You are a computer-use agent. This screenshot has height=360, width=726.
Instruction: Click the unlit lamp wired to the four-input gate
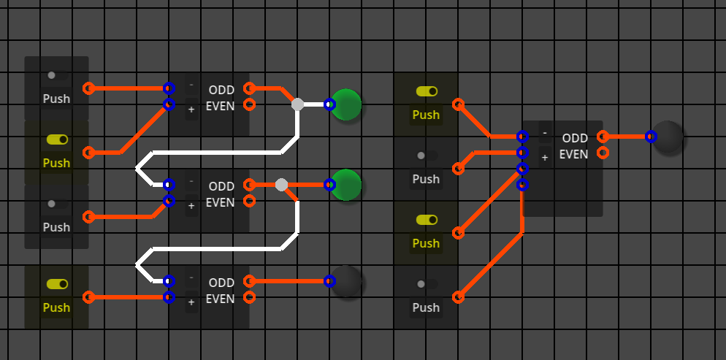coord(668,137)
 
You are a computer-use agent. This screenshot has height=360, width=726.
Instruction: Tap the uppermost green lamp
coord(346,104)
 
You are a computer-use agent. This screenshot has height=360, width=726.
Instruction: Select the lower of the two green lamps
coord(346,185)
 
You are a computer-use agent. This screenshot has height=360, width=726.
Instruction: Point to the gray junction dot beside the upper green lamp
coord(297,104)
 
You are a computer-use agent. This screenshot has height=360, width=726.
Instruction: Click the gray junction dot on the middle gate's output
coord(281,185)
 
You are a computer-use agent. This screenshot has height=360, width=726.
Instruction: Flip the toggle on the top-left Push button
coord(56,75)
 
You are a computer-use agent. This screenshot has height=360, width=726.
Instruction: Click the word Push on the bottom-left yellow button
coord(56,307)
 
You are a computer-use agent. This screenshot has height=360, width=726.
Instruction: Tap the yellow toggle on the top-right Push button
coord(427,91)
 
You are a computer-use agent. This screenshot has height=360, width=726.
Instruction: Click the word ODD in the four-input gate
coord(575,138)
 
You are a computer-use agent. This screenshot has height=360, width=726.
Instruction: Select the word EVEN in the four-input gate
coord(574,154)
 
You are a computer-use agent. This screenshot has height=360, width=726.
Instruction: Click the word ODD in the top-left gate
coord(221,90)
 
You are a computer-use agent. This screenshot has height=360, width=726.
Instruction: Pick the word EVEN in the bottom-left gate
coord(221,299)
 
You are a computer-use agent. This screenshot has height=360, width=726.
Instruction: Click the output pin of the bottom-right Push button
coord(458,297)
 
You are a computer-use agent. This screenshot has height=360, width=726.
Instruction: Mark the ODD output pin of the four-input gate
coord(603,137)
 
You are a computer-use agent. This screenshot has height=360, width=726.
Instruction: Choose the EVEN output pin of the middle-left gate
coord(249,201)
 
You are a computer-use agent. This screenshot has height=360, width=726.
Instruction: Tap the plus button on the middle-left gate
coord(191,206)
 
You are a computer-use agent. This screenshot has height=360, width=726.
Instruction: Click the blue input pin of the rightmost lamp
coord(651,137)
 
